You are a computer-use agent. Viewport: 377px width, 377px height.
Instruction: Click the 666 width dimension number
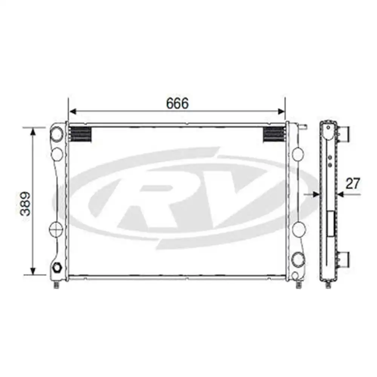pyautogui.click(x=177, y=104)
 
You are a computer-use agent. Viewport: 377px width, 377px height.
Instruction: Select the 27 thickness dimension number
pyautogui.click(x=353, y=184)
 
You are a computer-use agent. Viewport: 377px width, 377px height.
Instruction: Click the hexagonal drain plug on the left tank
pyautogui.click(x=58, y=268)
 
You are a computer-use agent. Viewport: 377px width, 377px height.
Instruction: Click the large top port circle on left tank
pyautogui.click(x=57, y=134)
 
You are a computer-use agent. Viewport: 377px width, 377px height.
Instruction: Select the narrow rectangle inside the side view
pyautogui.click(x=331, y=224)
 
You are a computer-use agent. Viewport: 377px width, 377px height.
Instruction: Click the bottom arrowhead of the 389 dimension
pyautogui.click(x=33, y=271)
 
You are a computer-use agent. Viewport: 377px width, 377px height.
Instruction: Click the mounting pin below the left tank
pyautogui.click(x=56, y=284)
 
